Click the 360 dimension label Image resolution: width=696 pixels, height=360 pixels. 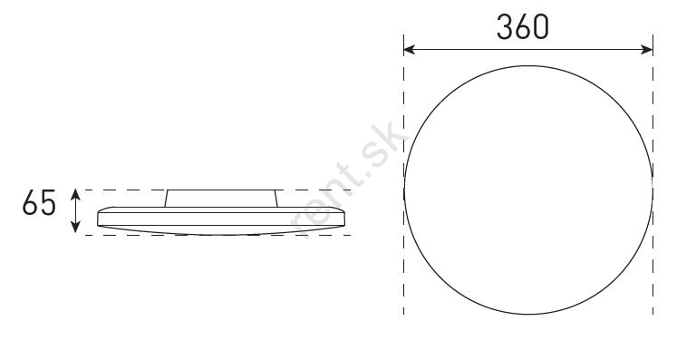(x=522, y=27)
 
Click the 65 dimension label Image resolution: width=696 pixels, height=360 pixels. (x=39, y=203)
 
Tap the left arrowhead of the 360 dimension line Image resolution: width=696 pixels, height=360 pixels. (x=409, y=49)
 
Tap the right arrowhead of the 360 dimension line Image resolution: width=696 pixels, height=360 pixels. (x=648, y=49)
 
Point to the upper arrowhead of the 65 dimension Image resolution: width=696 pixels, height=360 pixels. (x=75, y=194)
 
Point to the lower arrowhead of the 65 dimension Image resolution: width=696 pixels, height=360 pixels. (x=75, y=228)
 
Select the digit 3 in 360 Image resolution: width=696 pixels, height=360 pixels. (x=504, y=27)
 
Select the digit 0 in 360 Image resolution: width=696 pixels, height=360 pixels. (x=541, y=27)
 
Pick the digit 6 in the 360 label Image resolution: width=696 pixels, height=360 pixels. (x=522, y=27)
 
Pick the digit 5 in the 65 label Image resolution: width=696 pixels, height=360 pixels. (x=48, y=203)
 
